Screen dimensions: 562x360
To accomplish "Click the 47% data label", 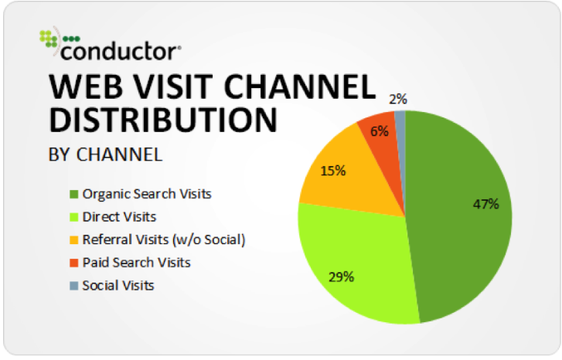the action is (x=485, y=204).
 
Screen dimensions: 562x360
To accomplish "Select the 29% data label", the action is (x=341, y=277).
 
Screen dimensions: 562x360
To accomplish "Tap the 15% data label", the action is (x=333, y=171).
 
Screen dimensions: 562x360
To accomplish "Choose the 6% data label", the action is (x=380, y=131).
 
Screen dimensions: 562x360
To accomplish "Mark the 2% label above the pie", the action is (x=398, y=99).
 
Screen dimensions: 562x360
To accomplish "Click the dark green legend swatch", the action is (x=74, y=194).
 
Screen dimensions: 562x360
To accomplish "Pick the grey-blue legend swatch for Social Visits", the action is (x=74, y=286).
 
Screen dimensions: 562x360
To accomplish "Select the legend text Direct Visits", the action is (x=119, y=217).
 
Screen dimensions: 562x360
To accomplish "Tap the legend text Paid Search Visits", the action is (x=137, y=263).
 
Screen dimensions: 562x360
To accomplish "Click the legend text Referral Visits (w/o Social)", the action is (x=164, y=239).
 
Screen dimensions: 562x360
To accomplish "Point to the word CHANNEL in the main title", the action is (x=300, y=87).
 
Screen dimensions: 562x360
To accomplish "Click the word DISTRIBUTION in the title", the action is (x=163, y=120).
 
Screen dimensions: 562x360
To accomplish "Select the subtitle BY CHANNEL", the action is (x=105, y=155).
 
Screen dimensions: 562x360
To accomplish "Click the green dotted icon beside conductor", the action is (x=49, y=39).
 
